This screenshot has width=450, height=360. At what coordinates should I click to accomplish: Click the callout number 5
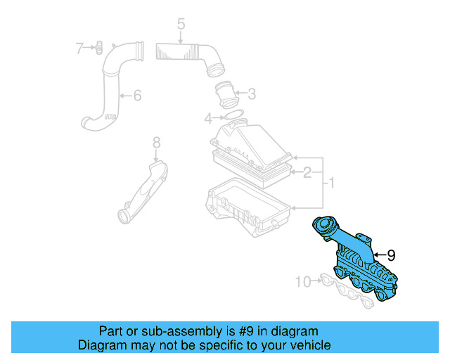pos(181,25)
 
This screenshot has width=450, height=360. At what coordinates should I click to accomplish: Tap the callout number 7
pos(80,48)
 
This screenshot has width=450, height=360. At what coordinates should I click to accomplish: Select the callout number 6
pos(136,95)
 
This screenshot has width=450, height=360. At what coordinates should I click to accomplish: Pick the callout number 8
pos(156,143)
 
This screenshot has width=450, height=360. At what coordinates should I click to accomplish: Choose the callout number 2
pos(307,172)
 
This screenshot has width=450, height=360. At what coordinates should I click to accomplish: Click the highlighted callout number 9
pos(391,255)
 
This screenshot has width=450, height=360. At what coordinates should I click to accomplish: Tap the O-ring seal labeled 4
pos(233,115)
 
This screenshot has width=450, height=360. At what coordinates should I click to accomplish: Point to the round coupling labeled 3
pos(226,93)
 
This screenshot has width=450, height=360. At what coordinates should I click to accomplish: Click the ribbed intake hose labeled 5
pos(186,53)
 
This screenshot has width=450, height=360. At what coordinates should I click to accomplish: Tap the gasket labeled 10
pos(348,291)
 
